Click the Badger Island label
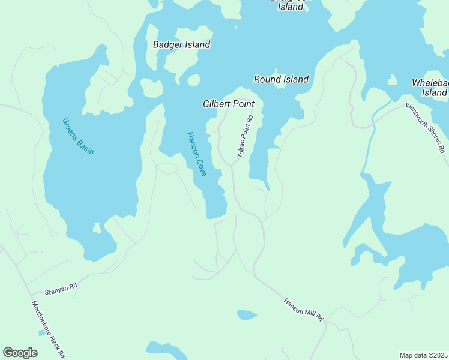(181, 44)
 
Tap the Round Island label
(281, 79)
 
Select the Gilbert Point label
(228, 104)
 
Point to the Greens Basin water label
(78, 136)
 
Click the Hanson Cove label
(196, 154)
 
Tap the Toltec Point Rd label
(246, 137)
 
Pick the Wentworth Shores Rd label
(425, 127)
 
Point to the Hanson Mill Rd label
(303, 308)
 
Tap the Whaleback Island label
(429, 88)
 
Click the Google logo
(20, 353)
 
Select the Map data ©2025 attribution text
(423, 355)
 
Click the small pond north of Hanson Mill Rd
(247, 314)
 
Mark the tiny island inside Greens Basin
(97, 228)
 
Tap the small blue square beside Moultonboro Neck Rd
(41, 332)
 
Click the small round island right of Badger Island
(194, 80)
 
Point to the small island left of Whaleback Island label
(392, 80)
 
